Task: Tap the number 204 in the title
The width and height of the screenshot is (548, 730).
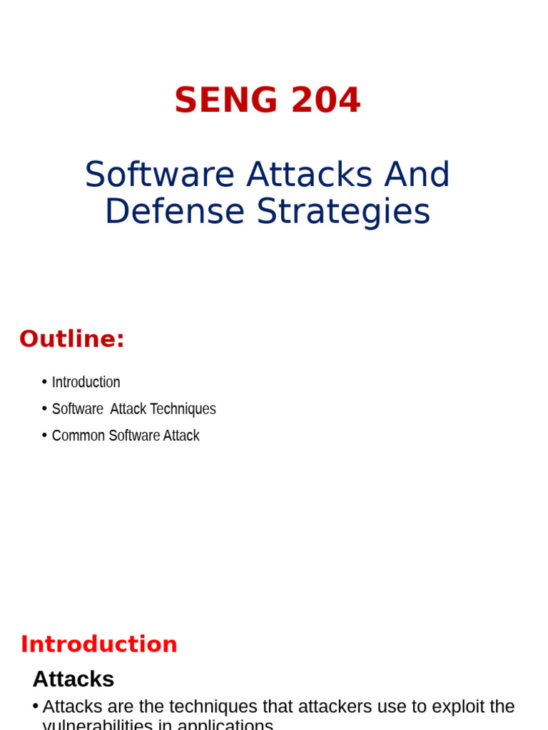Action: [326, 101]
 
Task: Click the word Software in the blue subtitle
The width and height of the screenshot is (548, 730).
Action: [160, 175]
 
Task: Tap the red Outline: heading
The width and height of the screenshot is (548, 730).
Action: [72, 339]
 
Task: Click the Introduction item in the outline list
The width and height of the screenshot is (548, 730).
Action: [86, 382]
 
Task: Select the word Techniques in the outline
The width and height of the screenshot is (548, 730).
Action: [183, 409]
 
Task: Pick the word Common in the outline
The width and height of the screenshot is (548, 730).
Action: [78, 436]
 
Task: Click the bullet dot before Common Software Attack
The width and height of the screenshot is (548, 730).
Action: [45, 435]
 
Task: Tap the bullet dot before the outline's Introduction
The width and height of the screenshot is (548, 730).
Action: [45, 381]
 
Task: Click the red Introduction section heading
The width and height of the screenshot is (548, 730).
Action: [99, 644]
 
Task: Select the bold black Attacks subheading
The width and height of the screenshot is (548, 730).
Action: [73, 679]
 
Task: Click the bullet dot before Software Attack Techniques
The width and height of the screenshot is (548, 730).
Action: [45, 408]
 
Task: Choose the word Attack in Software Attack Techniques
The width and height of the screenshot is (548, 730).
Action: [128, 409]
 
